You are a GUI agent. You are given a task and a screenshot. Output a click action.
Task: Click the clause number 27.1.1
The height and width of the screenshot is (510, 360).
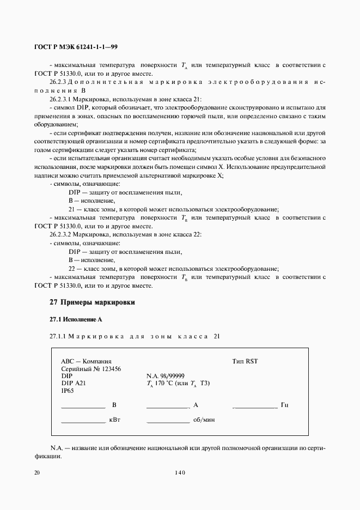pyautogui.click(x=57, y=336)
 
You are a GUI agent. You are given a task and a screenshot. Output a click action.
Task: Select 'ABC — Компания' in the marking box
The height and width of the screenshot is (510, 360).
pyautogui.click(x=86, y=361)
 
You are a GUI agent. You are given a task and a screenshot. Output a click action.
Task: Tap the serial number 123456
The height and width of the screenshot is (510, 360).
pyautogui.click(x=110, y=368)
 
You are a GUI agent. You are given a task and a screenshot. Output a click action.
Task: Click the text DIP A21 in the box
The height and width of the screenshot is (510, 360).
pyautogui.click(x=73, y=384)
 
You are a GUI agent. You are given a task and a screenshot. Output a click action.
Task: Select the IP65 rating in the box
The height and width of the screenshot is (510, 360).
pyautogui.click(x=67, y=391)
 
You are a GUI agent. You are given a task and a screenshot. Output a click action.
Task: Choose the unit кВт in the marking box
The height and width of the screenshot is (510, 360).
pyautogui.click(x=114, y=421)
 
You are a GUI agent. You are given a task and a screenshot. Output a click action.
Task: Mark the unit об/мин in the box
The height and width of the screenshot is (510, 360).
pyautogui.click(x=205, y=421)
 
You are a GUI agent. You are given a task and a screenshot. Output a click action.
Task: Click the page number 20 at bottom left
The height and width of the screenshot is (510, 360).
pyautogui.click(x=36, y=473)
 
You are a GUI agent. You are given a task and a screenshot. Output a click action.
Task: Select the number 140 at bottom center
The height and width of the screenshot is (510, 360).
pyautogui.click(x=180, y=473)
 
